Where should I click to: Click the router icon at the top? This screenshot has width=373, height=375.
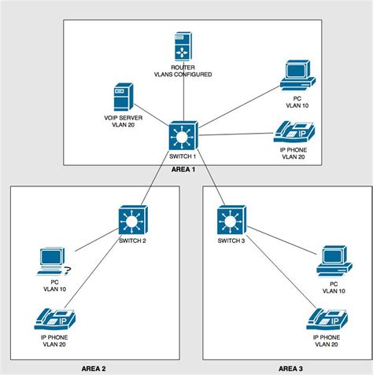183,46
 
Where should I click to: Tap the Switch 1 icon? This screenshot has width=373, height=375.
183,135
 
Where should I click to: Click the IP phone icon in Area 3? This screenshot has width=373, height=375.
326,319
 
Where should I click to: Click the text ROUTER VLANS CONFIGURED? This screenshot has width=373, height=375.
183,71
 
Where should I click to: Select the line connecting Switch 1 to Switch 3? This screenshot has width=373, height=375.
208,177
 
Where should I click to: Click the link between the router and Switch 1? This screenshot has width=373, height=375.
183,98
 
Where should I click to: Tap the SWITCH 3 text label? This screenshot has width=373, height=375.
231,240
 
